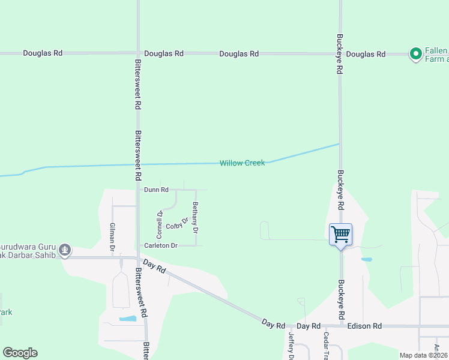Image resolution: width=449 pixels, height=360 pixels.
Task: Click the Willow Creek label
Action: (242, 163)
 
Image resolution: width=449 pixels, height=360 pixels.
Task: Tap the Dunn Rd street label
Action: (156, 190)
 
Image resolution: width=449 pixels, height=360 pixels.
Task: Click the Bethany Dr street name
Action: (195, 217)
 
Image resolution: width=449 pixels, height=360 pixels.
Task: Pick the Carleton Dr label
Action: (161, 245)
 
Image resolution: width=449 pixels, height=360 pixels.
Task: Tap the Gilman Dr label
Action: (112, 236)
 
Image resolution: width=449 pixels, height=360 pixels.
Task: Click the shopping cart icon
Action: (340, 233)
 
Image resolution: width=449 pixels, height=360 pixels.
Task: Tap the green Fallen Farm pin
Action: (415, 54)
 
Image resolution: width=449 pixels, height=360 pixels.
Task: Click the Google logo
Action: (20, 353)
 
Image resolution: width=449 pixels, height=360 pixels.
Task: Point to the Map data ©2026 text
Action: (423, 355)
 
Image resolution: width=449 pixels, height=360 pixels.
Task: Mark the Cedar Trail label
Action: (326, 345)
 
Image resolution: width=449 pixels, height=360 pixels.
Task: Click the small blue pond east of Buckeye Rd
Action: (366, 260)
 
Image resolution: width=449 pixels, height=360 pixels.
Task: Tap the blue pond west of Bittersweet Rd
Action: (127, 319)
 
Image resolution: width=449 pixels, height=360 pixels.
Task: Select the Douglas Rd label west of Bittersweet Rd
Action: (43, 53)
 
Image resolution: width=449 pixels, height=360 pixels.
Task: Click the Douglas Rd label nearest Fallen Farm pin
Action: (366, 55)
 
